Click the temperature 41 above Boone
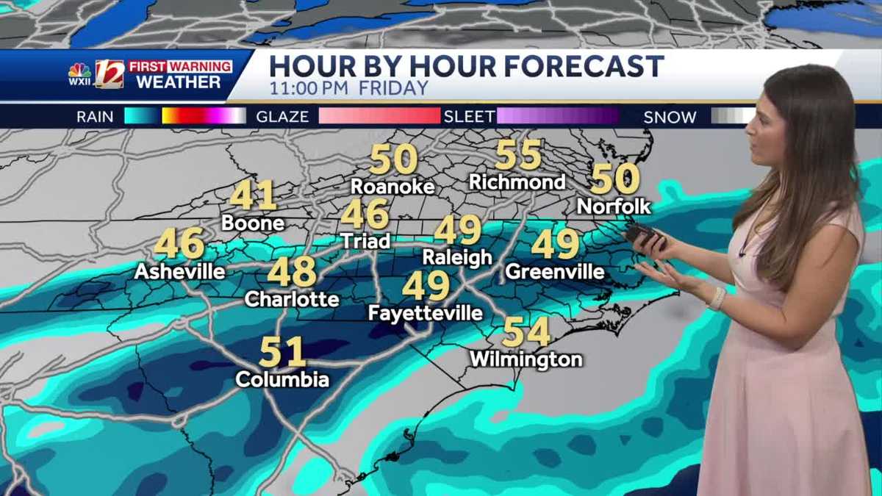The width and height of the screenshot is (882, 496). coord(253,195)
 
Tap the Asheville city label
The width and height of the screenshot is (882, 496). coord(179,272)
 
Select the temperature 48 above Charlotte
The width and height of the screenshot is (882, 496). coord(292,272)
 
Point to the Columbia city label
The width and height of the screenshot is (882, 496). coord(282,380)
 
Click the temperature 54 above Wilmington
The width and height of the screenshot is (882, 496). coord(526,332)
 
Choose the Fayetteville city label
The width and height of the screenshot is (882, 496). coord(426,314)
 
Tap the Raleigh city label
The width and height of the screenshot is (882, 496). coord(457,257)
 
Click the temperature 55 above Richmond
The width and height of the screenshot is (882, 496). coord(518,155)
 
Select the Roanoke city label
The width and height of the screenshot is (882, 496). coord(392,187)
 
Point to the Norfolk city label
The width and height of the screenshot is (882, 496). coord(614,206)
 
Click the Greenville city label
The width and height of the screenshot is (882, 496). coord(555,272)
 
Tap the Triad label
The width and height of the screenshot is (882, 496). coord(365,241)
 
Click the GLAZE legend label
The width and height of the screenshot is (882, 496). coord(282,116)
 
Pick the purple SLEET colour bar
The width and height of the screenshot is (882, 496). coord(558,116)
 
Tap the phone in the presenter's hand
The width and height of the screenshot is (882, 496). coord(641,235)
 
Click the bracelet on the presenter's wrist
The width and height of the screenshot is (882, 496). coord(717,298)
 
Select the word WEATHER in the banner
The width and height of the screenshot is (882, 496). coord(179,82)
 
